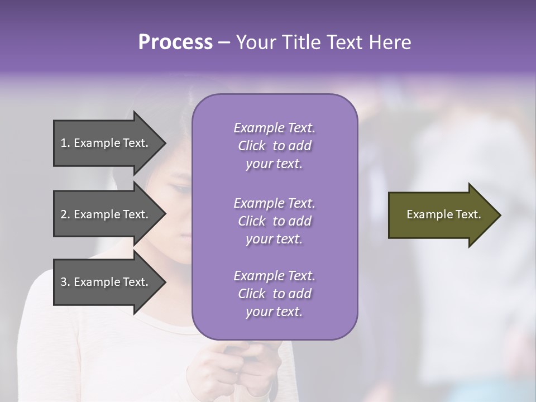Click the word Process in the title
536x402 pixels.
tap(175, 42)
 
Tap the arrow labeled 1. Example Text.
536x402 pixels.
tap(106, 143)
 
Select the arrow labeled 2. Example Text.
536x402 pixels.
tap(106, 214)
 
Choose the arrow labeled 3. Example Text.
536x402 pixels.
tap(106, 282)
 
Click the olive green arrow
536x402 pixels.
tap(441, 215)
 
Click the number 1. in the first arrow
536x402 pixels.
tap(65, 143)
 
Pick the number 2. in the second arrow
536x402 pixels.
tap(65, 214)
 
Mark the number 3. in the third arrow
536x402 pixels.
tap(65, 282)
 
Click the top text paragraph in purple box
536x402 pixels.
tap(274, 146)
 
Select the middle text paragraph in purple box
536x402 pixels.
tap(274, 221)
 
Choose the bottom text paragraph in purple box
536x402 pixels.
tap(274, 294)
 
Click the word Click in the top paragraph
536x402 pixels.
tap(252, 146)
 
